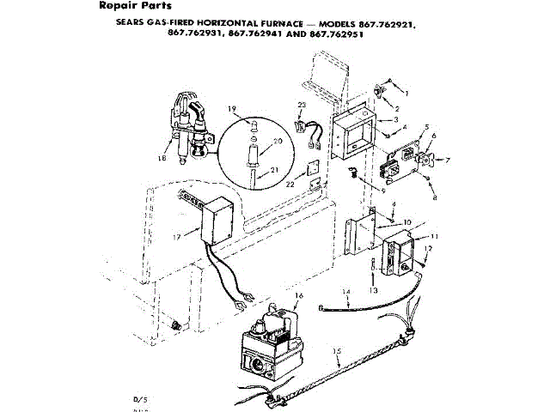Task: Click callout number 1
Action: click(407, 92)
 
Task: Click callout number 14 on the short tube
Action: click(347, 293)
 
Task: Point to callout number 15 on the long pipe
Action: click(337, 353)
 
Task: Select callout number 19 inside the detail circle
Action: click(232, 108)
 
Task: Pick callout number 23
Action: click(300, 106)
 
